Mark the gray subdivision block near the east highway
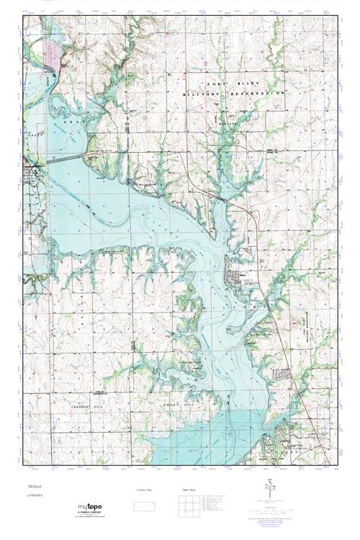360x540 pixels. (282, 374)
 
